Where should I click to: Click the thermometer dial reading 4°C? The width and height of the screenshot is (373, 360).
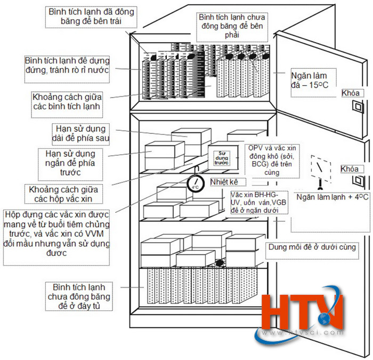click(195, 184)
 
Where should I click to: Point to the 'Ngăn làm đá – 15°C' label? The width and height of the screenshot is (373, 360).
click(310, 80)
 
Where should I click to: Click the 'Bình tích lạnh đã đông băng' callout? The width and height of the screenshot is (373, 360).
click(91, 17)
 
